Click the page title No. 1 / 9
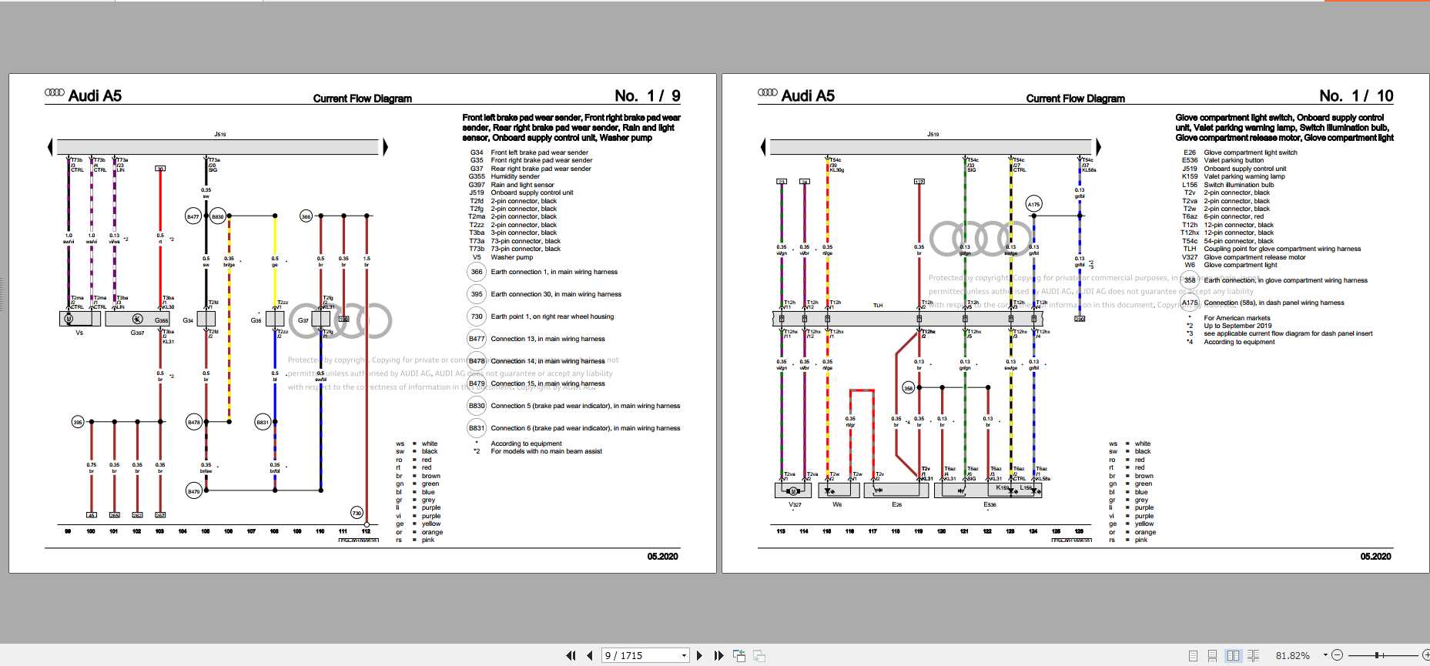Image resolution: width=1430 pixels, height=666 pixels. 647,95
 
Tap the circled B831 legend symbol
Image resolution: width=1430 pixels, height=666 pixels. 477,428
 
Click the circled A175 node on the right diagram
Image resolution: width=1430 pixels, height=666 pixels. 1033,204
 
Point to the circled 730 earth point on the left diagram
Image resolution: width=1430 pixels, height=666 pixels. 357,513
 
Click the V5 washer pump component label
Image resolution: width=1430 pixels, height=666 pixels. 79,333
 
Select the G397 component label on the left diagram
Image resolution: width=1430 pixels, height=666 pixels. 137,333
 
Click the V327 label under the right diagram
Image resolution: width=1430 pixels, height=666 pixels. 795,504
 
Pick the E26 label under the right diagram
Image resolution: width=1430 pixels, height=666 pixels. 896,504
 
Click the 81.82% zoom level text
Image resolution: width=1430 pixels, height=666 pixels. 1292,655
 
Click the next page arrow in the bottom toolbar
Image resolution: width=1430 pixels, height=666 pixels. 699,655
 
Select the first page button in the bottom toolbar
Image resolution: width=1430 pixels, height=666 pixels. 571,655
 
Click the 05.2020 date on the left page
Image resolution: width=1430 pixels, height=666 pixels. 662,556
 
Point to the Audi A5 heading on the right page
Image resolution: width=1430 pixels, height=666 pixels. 807,95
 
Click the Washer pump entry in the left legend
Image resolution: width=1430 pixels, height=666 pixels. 511,257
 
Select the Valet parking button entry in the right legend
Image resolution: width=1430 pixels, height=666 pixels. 1234,160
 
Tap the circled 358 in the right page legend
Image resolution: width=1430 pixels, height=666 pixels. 1190,280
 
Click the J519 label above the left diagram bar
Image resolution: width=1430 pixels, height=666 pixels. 220,134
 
